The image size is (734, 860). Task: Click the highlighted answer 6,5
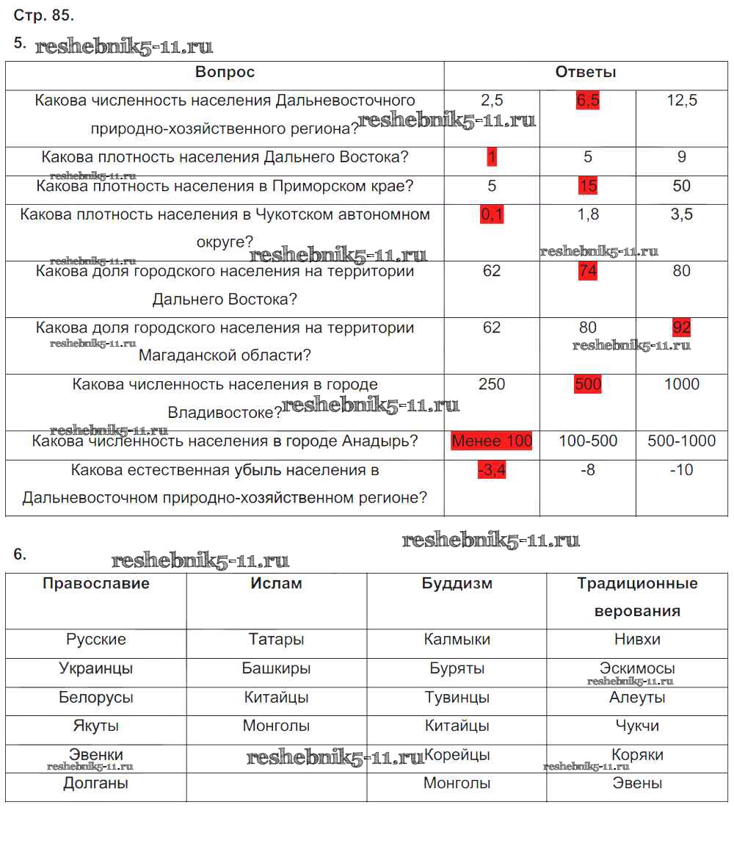(x=588, y=101)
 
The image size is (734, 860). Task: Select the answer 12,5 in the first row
(x=682, y=101)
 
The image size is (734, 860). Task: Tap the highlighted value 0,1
(x=492, y=214)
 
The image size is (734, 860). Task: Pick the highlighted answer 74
(x=588, y=271)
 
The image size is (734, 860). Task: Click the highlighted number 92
(x=682, y=328)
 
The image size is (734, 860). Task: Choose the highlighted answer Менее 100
(x=492, y=441)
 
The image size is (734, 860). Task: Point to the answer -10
(x=682, y=470)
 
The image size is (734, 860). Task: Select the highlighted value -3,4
(x=492, y=470)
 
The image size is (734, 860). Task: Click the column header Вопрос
(x=225, y=72)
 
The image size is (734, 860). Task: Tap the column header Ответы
(x=586, y=72)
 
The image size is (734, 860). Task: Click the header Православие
(x=96, y=584)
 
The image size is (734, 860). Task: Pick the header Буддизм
(x=457, y=584)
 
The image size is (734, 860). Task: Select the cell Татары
(x=277, y=640)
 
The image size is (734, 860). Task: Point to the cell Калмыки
(x=457, y=640)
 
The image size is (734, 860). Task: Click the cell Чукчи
(x=637, y=726)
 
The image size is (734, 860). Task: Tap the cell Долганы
(x=96, y=784)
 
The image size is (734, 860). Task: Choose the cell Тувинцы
(x=457, y=698)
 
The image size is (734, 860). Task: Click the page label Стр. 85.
(x=44, y=15)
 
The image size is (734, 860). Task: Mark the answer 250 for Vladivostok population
(x=492, y=384)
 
